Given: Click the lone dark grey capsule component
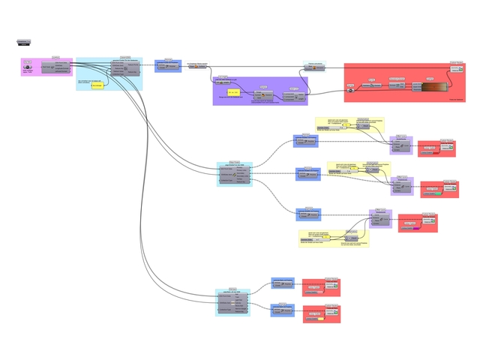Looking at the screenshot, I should click(x=23, y=43).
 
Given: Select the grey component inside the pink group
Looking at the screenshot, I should click(x=55, y=67).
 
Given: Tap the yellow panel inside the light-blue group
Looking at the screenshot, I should click(x=97, y=85).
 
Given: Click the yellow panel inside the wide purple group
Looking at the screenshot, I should click(x=232, y=92).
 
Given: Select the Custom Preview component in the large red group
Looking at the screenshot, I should click(x=456, y=69).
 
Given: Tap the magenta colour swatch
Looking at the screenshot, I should click(x=416, y=228).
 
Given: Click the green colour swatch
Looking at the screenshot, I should click(x=433, y=194).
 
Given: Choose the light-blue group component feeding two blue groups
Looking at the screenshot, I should click(x=232, y=301).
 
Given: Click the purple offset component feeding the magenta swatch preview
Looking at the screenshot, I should click(x=380, y=219).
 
